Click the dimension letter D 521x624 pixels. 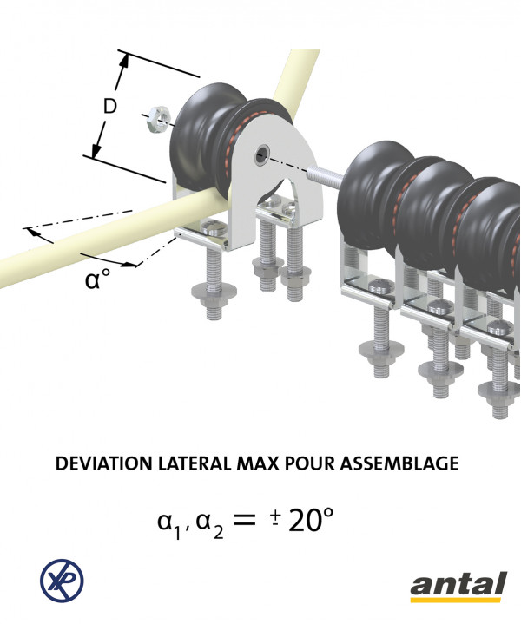(110, 106)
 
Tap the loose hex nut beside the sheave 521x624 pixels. (159, 119)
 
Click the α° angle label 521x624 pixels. (97, 279)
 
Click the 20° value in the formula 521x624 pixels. (311, 520)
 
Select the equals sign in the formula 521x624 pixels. (244, 519)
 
